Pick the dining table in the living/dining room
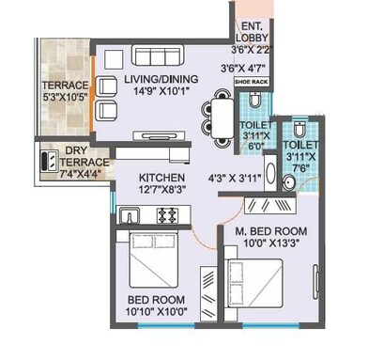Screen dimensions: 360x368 click(x=218, y=118)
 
